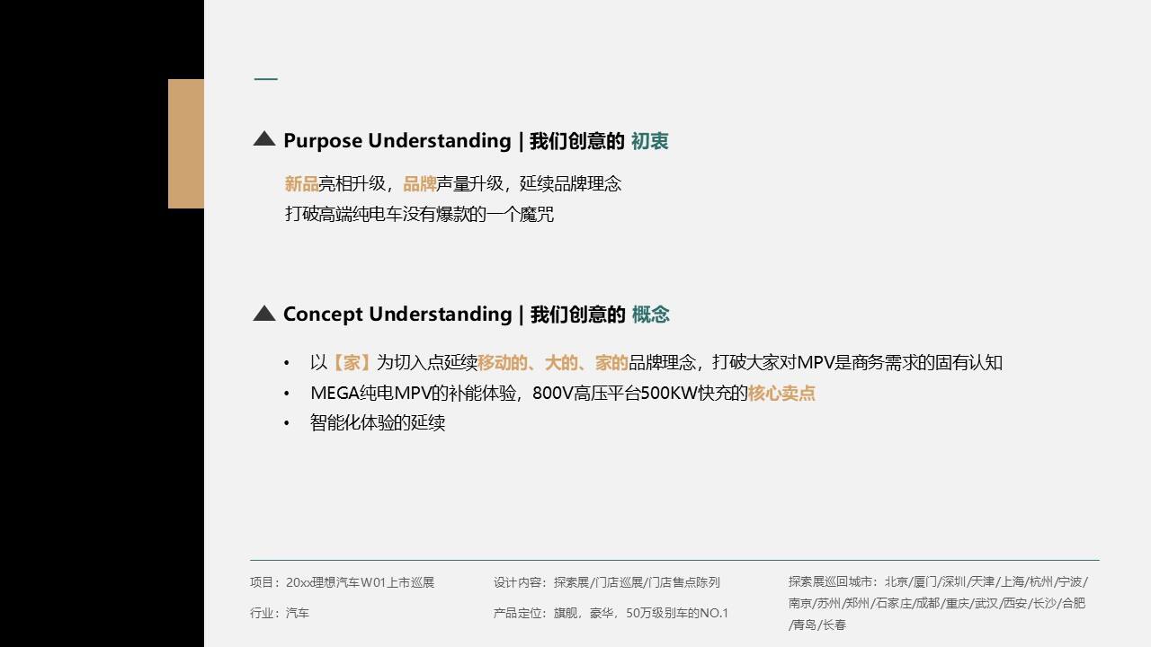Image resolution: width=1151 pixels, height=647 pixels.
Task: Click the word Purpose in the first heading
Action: click(x=323, y=141)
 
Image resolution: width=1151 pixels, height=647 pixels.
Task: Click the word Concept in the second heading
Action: click(x=323, y=315)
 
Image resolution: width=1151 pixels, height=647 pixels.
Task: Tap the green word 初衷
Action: click(x=649, y=141)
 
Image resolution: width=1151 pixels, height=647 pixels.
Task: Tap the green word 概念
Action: click(x=650, y=315)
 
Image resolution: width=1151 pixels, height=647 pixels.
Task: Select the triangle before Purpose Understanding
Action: click(x=264, y=138)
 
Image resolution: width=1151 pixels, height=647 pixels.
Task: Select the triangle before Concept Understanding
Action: click(x=264, y=314)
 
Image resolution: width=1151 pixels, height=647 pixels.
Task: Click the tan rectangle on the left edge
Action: click(x=186, y=144)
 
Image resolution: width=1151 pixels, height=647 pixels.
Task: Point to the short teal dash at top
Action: click(x=266, y=79)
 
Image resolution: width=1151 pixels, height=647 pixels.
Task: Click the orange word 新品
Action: click(x=301, y=183)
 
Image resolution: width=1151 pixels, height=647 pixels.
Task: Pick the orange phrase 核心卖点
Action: click(x=781, y=394)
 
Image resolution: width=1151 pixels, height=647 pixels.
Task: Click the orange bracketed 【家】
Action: click(x=352, y=362)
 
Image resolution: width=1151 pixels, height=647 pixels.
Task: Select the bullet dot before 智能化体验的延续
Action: click(x=287, y=423)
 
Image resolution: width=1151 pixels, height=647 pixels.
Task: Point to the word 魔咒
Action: click(x=537, y=214)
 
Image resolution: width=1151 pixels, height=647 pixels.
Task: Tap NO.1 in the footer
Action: click(x=714, y=613)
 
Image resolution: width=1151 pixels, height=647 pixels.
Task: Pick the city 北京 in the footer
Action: click(x=896, y=581)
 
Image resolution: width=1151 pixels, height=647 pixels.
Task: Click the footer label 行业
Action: click(x=261, y=613)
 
